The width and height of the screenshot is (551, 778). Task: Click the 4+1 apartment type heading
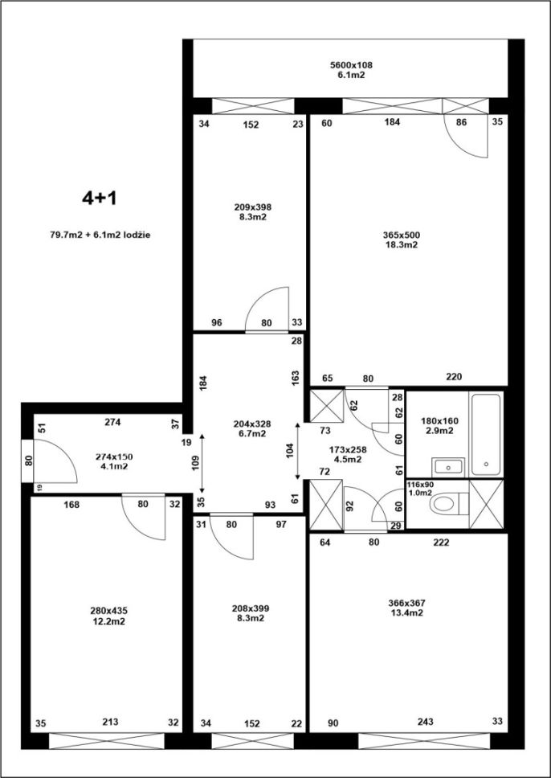(x=99, y=198)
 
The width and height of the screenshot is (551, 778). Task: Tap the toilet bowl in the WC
(x=443, y=504)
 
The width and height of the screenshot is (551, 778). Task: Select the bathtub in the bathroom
(x=485, y=434)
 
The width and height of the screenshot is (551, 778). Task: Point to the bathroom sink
(x=448, y=466)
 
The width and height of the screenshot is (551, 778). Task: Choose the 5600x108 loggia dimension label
(x=351, y=64)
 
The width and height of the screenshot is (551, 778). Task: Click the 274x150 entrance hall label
(x=114, y=457)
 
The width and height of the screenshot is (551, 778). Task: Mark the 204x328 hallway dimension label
(x=252, y=424)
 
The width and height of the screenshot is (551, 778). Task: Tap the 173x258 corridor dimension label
(x=348, y=449)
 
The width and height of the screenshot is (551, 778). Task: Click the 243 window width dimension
(x=425, y=722)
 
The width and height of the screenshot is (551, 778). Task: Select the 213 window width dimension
(x=110, y=722)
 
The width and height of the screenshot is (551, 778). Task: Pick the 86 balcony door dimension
(x=461, y=122)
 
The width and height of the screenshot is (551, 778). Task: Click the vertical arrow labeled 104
(x=297, y=451)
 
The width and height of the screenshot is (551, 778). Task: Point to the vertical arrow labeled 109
(x=202, y=462)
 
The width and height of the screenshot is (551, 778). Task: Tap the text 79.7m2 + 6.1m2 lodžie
(x=100, y=235)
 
